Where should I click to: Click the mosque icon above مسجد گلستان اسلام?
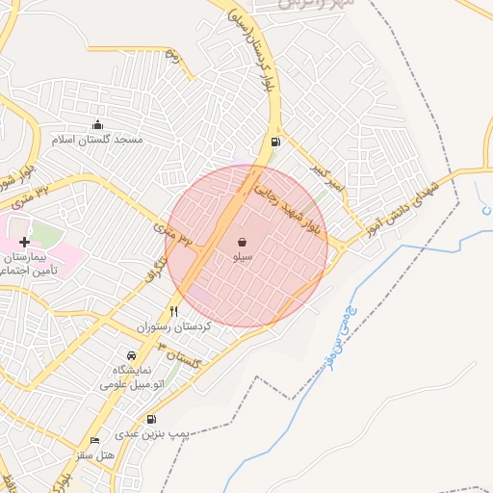tap(97, 124)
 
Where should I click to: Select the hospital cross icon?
tap(24, 240)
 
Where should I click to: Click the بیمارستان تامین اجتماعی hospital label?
tap(29, 265)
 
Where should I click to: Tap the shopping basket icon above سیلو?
tap(242, 243)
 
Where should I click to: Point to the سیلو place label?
tap(243, 258)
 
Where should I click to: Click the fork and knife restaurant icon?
tap(174, 311)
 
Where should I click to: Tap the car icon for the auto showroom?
tap(132, 355)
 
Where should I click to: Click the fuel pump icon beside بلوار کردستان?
tap(276, 143)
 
